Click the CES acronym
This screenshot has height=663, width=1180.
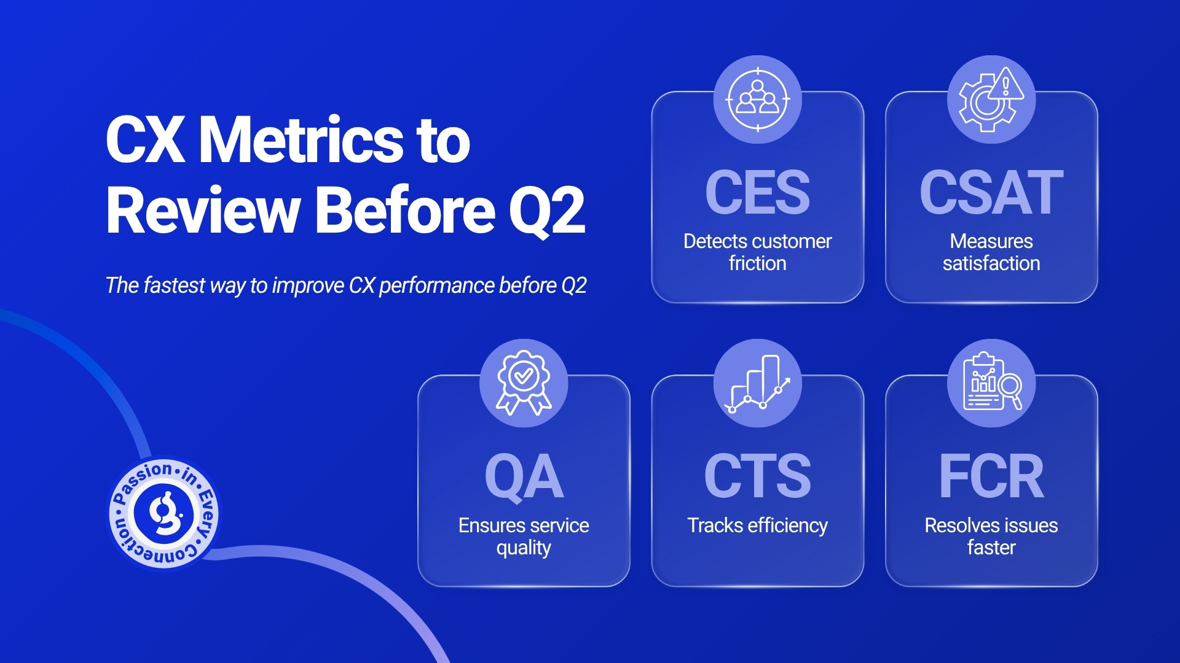coord(757,192)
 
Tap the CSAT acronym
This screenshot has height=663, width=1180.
coord(991,192)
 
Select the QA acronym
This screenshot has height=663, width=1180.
coord(524,476)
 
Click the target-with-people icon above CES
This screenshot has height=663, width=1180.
coord(758,99)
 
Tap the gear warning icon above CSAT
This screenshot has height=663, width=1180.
coord(991,99)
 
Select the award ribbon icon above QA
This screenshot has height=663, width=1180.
coord(524,383)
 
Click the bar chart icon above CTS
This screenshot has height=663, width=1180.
coord(758,383)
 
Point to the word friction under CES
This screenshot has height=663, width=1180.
coord(757,263)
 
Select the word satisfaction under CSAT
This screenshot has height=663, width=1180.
coord(991,263)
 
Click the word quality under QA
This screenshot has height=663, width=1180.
coord(524,548)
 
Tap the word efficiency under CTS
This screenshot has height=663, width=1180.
coord(788,525)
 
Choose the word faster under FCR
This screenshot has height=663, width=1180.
coord(991,547)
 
